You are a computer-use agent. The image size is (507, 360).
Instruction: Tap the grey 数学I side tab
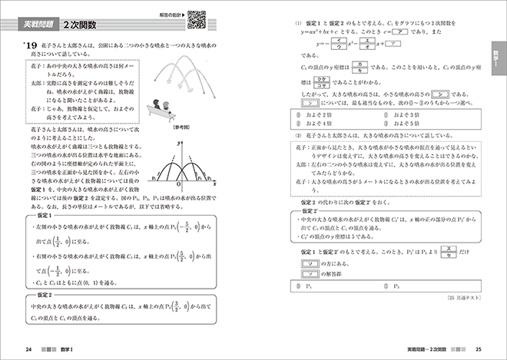[496, 61]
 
